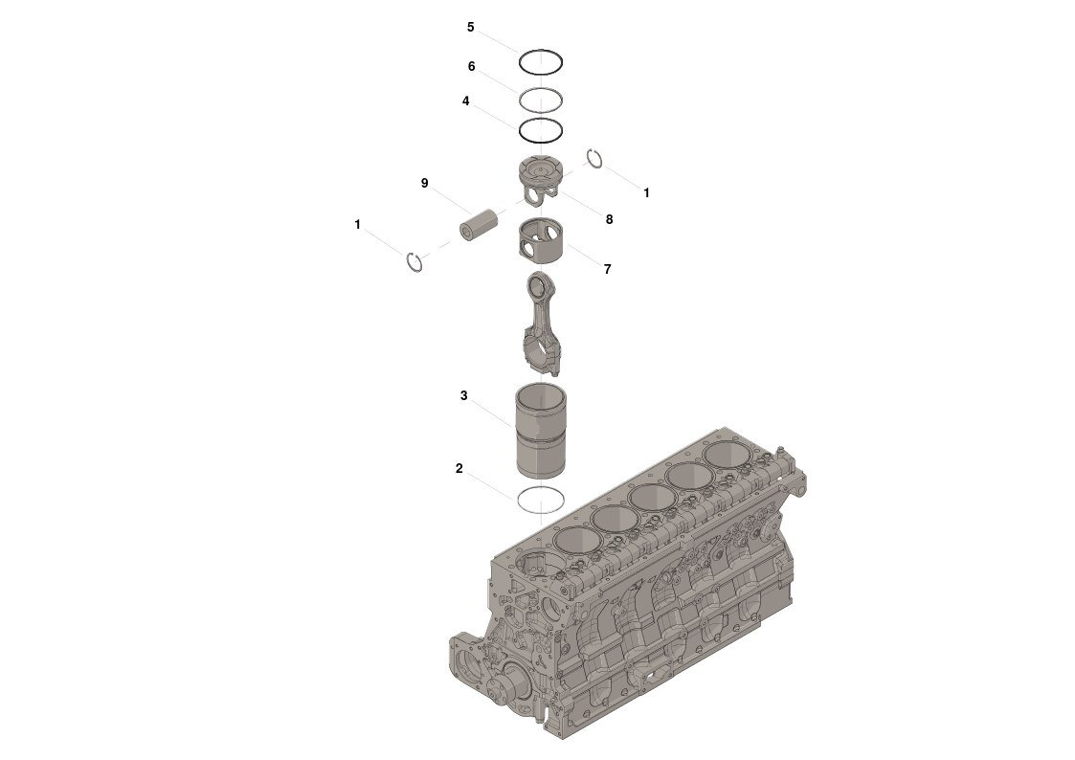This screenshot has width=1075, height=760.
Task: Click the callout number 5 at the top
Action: point(470,28)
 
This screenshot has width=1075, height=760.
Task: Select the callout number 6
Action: point(472,66)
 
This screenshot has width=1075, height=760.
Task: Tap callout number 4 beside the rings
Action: point(465,101)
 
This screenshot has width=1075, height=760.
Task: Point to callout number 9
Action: point(424,183)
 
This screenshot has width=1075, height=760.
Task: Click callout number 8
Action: point(609,219)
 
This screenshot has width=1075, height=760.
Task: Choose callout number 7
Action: point(608,269)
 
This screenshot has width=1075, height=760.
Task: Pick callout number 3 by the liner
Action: point(464,395)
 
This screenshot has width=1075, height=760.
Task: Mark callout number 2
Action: point(459,469)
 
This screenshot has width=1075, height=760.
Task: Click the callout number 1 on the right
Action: point(646,193)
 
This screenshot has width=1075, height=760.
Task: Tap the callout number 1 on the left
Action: point(357,225)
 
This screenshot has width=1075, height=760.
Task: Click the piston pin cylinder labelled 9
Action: point(480,226)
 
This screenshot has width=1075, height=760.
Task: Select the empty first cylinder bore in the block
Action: point(540,566)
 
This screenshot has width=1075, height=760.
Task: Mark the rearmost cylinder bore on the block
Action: point(728,456)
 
